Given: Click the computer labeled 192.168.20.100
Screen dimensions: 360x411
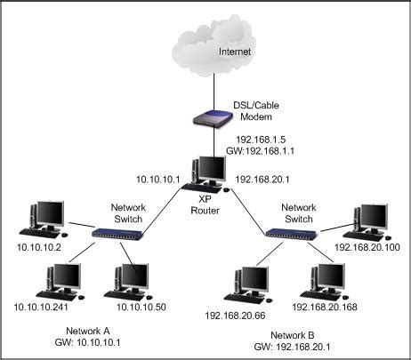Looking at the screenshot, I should pos(367,218).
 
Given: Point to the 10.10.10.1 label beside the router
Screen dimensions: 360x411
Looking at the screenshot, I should pos(159,179).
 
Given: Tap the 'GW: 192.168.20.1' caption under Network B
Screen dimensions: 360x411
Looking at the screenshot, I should pos(286,348).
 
